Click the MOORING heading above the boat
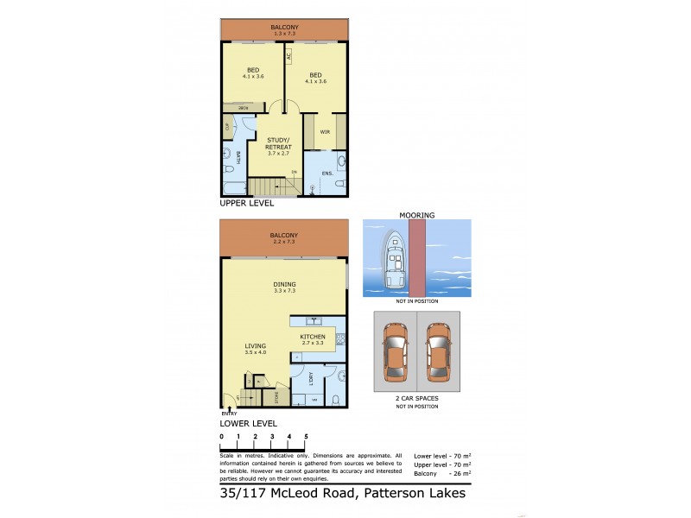[x=416, y=214]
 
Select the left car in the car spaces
[x=395, y=353]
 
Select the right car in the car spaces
[x=438, y=353]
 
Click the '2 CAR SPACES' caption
[x=416, y=398]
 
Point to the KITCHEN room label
[x=312, y=336]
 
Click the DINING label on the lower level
[x=284, y=284]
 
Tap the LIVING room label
[x=255, y=346]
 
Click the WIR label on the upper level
[x=325, y=132]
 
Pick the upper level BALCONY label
[x=284, y=28]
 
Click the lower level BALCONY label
[x=283, y=235]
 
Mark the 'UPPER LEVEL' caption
[x=247, y=204]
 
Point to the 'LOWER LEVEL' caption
[x=248, y=424]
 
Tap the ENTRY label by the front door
[x=228, y=414]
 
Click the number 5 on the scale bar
[x=306, y=438]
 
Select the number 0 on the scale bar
[x=221, y=438]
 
